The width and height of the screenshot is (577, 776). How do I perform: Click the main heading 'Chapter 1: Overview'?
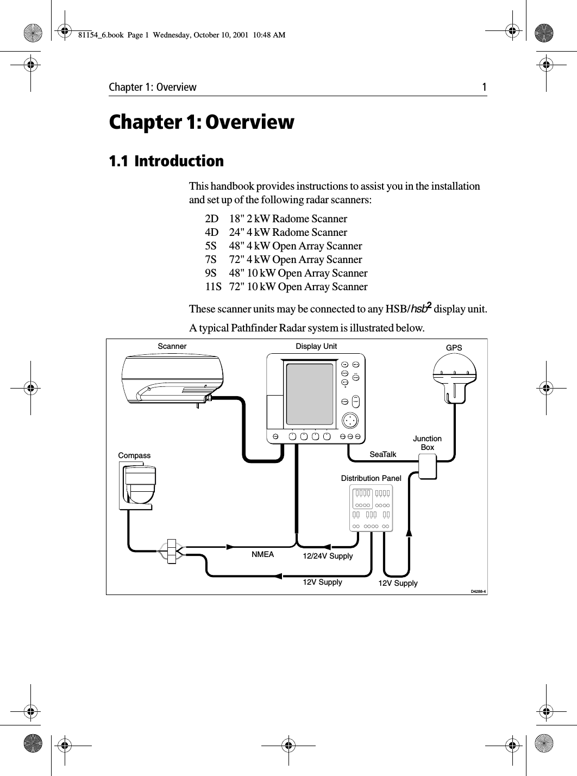(x=202, y=122)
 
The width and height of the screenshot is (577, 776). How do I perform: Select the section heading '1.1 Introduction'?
(x=166, y=161)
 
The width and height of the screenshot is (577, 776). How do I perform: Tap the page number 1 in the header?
(x=483, y=87)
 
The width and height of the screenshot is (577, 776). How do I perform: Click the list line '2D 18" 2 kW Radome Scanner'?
(x=276, y=219)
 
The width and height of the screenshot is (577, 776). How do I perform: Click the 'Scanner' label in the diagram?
(x=172, y=346)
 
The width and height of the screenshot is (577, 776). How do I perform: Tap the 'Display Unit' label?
(x=316, y=346)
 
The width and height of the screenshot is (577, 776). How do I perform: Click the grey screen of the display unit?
(x=310, y=395)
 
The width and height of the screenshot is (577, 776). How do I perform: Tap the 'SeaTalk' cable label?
(x=383, y=454)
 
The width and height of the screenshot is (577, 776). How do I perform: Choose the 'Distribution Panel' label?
(x=371, y=478)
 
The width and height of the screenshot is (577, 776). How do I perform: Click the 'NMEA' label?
(x=262, y=555)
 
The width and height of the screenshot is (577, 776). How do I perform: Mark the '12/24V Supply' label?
(x=328, y=556)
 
